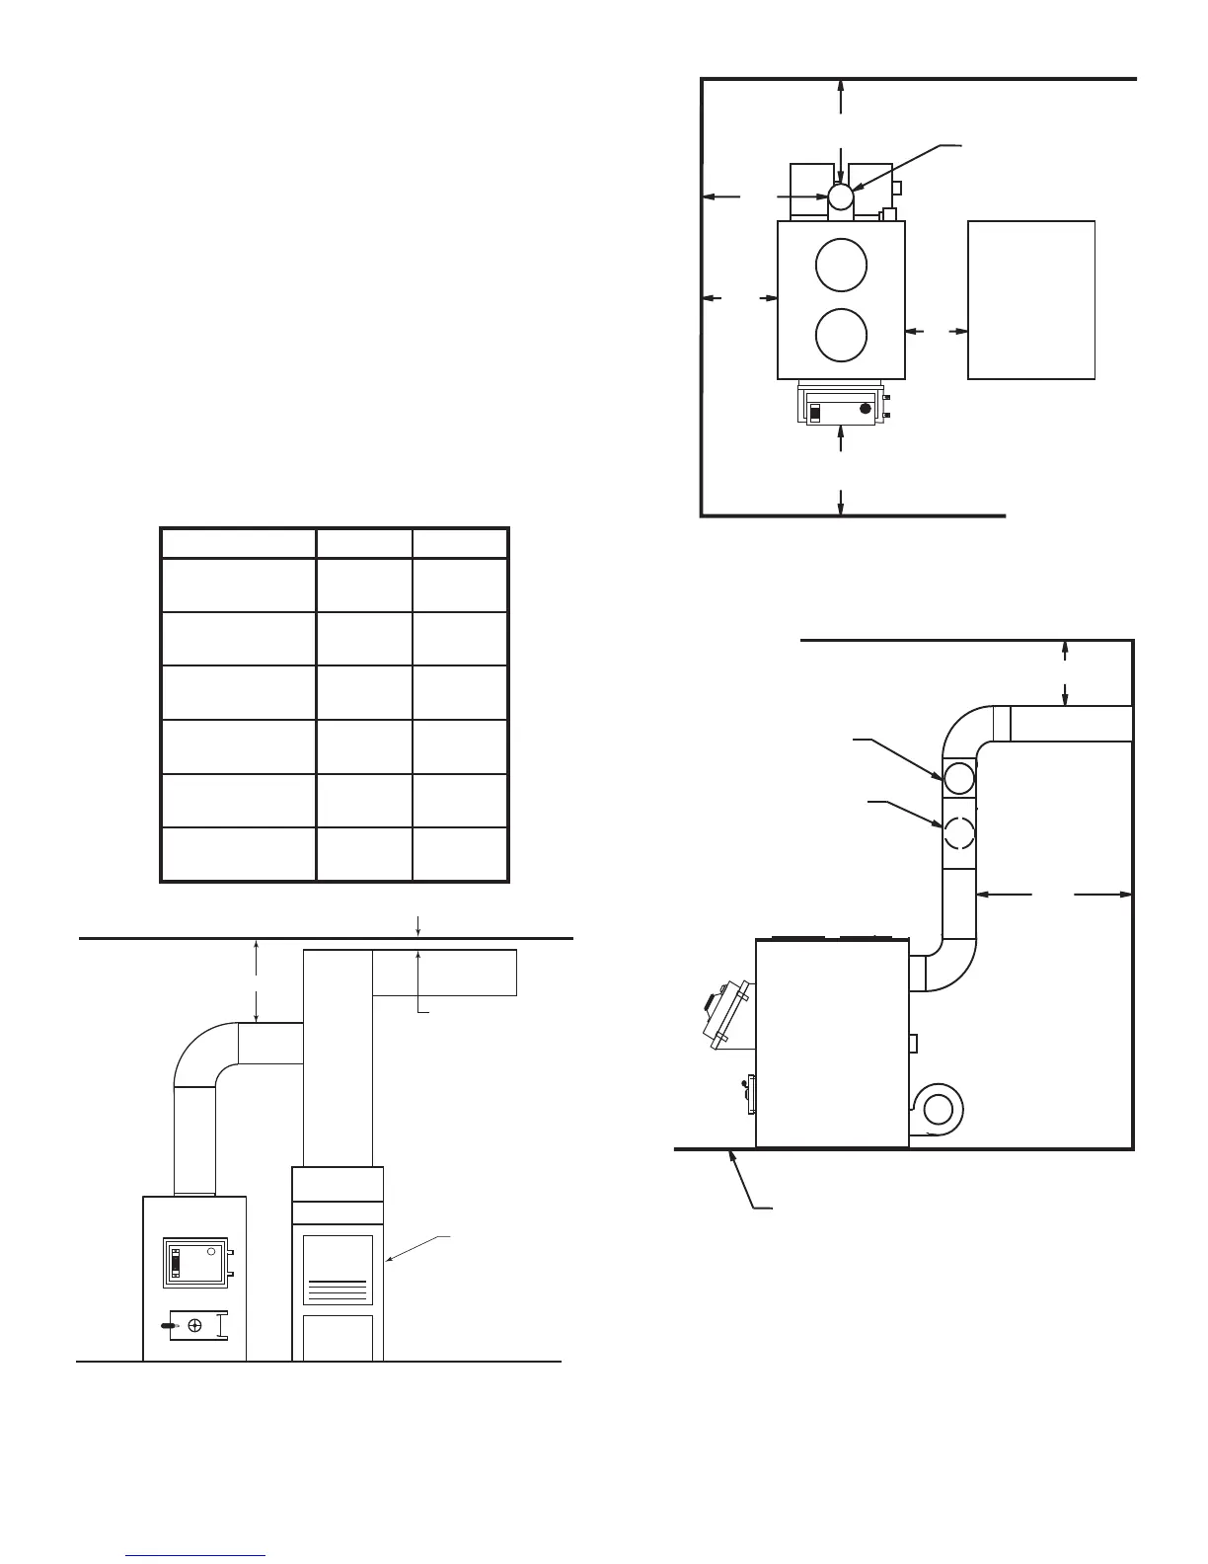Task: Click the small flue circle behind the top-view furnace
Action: click(840, 197)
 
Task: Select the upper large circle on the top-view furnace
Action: click(842, 265)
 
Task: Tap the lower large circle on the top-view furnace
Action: click(842, 335)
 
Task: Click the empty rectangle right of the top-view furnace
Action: click(1031, 299)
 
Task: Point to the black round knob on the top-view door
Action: click(866, 409)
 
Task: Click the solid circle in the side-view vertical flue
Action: click(958, 779)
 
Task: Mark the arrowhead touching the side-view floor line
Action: click(731, 1155)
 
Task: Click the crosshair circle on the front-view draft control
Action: click(194, 1326)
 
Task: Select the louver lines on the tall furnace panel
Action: click(338, 1290)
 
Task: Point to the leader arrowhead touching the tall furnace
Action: click(389, 1259)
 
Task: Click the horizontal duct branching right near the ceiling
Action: click(444, 973)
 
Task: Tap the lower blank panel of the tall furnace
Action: click(338, 1337)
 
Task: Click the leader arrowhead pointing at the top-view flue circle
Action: click(856, 186)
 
